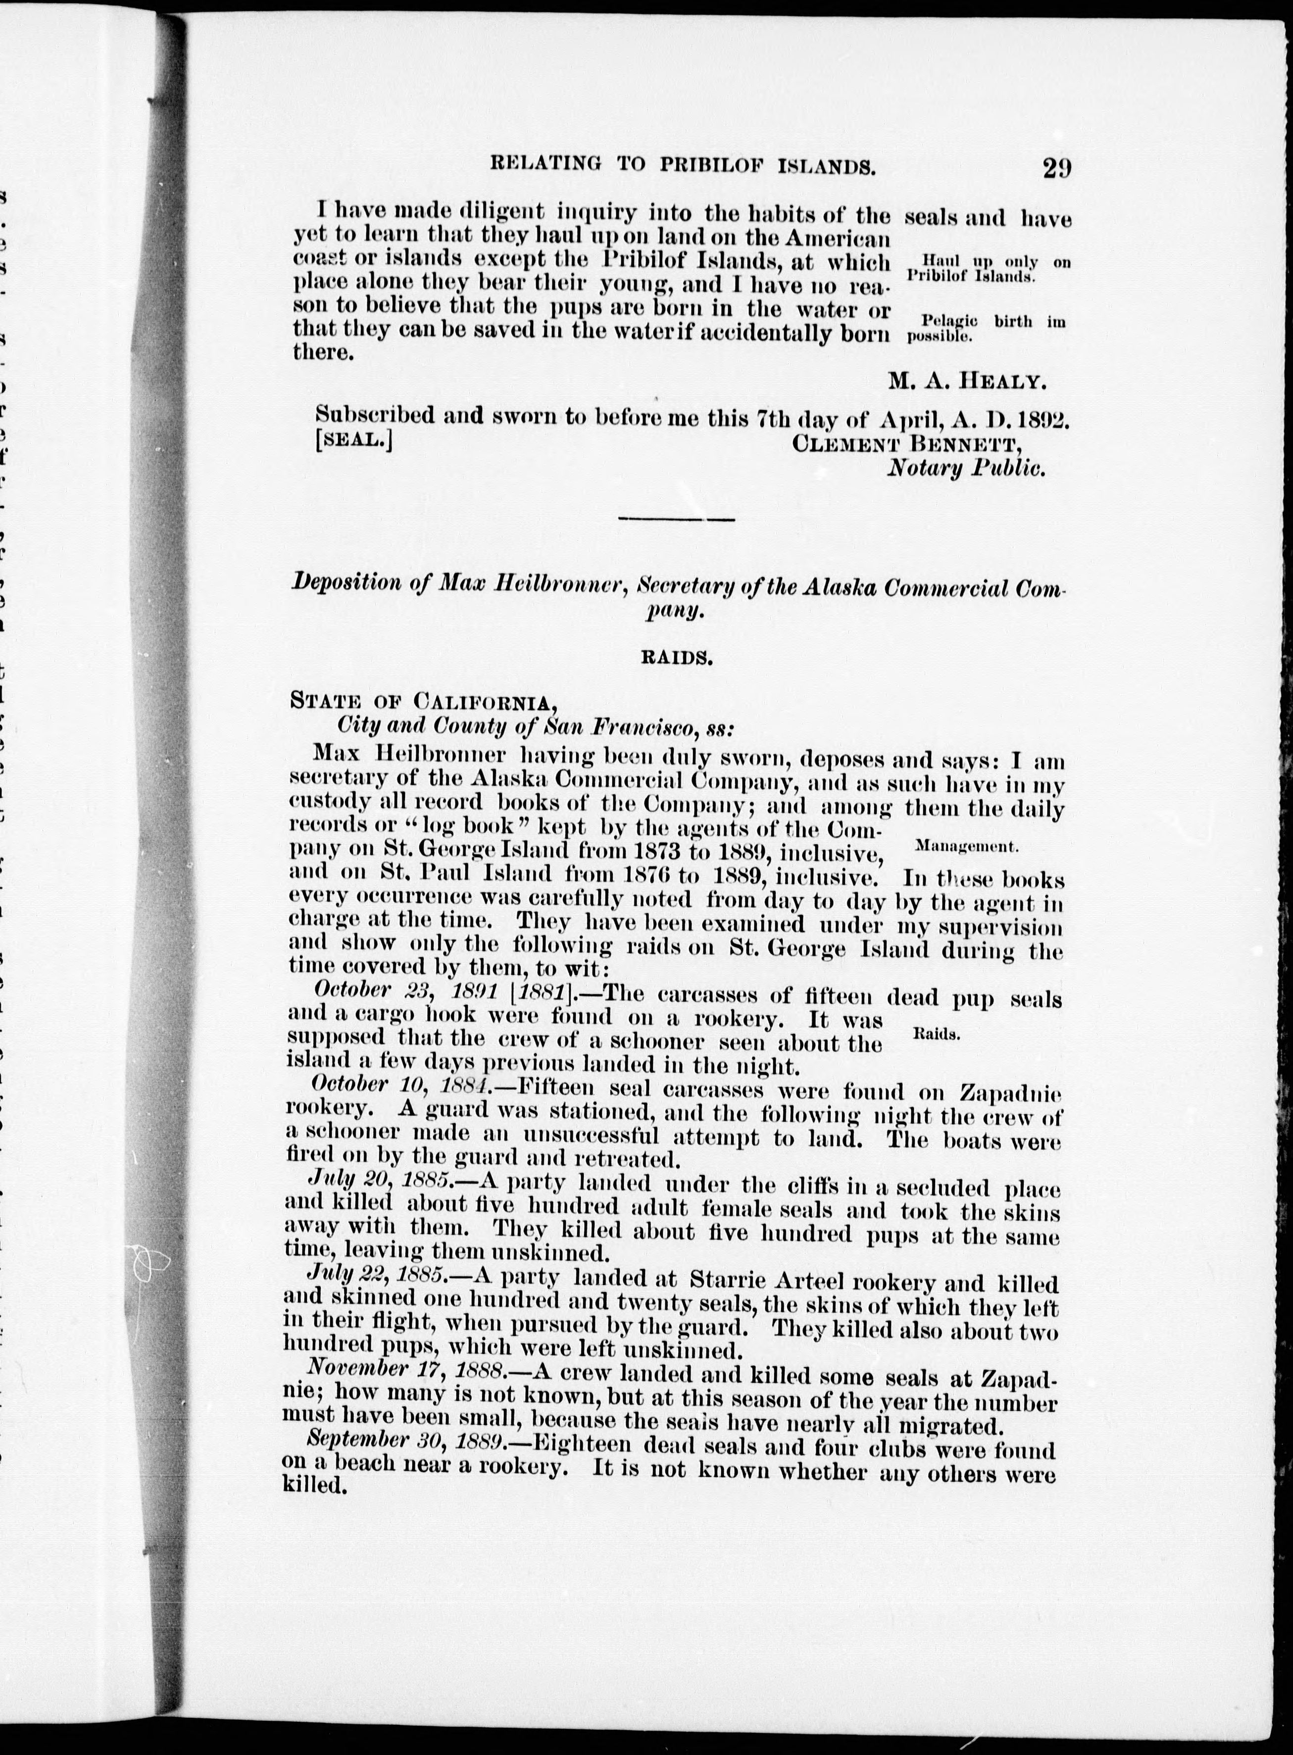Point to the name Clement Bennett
click(908, 443)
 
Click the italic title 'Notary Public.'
click(967, 469)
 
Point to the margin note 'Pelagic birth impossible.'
click(986, 329)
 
